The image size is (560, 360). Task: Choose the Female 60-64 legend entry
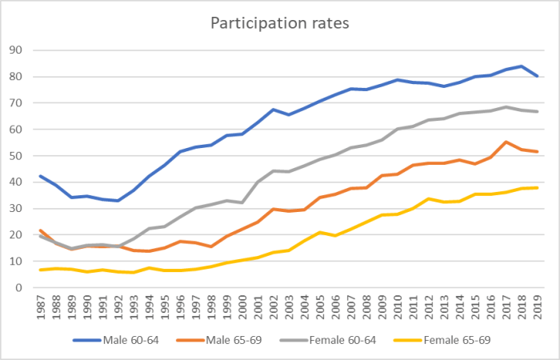tap(350, 340)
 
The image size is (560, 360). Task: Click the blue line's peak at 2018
tap(521, 66)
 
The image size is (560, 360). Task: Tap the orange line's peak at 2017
tap(506, 142)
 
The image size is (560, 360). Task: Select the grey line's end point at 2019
tap(536, 112)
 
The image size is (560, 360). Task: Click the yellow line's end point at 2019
tap(536, 188)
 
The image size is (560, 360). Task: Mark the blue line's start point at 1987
tap(41, 176)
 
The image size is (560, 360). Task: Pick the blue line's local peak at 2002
tap(274, 110)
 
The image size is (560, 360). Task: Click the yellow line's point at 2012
tap(428, 198)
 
